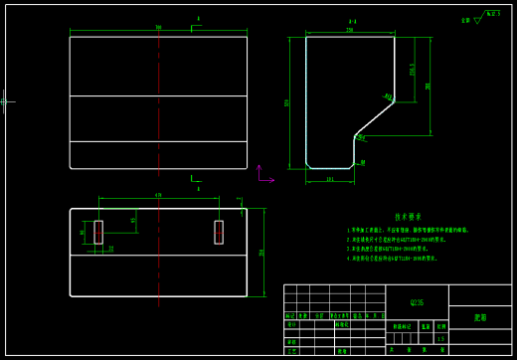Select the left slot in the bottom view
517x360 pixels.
[97, 232]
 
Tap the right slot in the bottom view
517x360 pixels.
[219, 232]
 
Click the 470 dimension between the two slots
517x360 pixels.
[158, 195]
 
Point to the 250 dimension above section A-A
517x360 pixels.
[350, 30]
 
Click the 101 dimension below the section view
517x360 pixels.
[330, 179]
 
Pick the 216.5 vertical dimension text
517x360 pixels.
[413, 70]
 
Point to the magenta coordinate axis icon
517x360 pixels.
[262, 177]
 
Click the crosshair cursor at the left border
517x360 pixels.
[6, 100]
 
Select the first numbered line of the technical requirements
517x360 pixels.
[408, 230]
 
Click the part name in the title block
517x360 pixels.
[480, 317]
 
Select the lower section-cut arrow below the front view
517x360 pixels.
[195, 179]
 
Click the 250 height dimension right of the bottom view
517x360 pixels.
[262, 253]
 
